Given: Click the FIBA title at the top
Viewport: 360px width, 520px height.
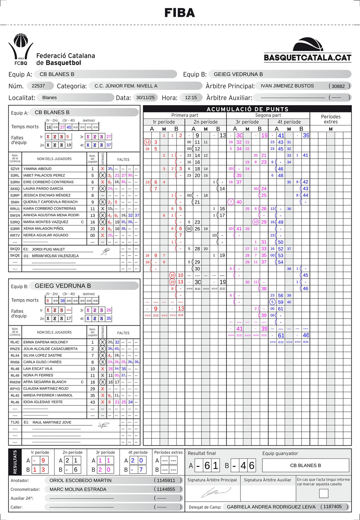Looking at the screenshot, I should click(180, 13).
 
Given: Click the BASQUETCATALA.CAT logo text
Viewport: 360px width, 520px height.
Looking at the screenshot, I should click(307, 58).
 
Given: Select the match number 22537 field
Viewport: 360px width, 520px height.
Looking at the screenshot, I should click(38, 86).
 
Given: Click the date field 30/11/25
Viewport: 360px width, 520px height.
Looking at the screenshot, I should click(145, 97).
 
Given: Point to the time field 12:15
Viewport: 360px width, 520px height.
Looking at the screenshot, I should click(191, 97).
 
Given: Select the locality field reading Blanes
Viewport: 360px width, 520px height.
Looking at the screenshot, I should click(49, 97).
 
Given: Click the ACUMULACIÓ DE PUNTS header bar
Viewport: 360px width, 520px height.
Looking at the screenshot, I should click(247, 109).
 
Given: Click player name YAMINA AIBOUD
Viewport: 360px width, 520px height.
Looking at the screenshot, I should click(37, 169).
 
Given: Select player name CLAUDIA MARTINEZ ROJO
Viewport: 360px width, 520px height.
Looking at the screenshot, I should click(46, 389).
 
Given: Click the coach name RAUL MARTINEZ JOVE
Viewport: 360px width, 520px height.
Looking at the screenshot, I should click(52, 422).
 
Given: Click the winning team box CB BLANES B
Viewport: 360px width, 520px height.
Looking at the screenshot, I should click(305, 465).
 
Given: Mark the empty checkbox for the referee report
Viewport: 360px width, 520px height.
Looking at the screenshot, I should click(323, 493).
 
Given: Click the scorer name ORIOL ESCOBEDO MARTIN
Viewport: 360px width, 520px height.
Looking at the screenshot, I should click(81, 480).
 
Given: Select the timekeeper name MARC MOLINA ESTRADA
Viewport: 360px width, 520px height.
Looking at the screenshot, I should click(78, 489).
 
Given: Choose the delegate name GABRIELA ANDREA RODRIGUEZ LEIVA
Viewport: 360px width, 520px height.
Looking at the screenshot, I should click(271, 507).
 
